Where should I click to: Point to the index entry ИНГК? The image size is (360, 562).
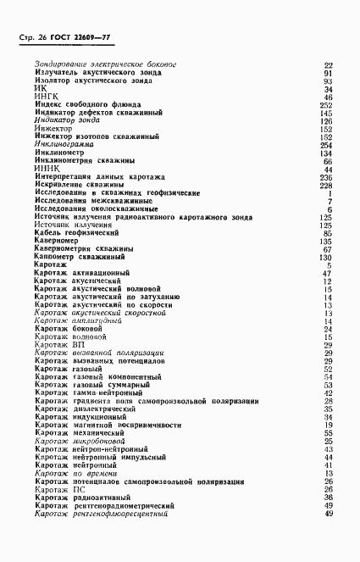[44, 97]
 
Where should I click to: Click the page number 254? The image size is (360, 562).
[325, 145]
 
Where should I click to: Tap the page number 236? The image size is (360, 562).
[325, 176]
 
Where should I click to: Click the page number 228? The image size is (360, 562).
[325, 185]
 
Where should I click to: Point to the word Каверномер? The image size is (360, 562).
[59, 241]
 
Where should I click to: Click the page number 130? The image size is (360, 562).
[325, 257]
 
